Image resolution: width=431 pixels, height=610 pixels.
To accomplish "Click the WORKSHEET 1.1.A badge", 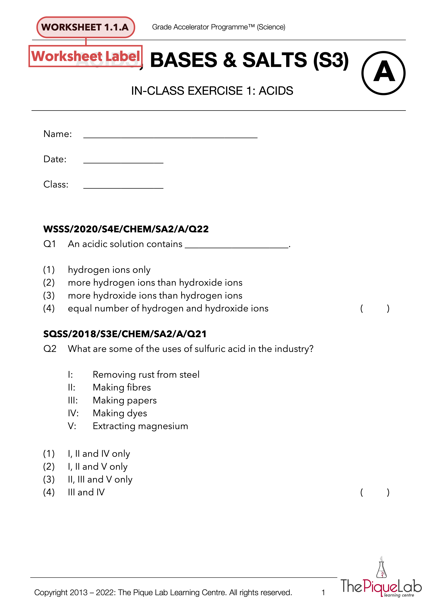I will pos(85,27).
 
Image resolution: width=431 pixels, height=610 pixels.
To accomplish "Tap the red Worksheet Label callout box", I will pos(85,56).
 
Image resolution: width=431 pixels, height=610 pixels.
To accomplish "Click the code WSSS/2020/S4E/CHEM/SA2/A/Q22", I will pos(126,229).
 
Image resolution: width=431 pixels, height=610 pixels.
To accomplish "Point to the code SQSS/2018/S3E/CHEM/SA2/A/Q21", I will pos(125,334).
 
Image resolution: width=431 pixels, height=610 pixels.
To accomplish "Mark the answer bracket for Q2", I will pos(375,492).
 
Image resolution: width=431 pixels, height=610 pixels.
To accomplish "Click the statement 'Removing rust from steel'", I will pos(146,375).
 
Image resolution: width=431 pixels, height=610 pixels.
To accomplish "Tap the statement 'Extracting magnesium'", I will pos(140,426).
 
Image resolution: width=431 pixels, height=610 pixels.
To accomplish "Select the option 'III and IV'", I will pos(86,492).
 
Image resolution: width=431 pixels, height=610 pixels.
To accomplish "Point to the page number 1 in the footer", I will pos(323,592).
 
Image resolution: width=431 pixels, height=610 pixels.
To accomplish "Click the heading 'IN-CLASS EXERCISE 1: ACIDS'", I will pos(212,91).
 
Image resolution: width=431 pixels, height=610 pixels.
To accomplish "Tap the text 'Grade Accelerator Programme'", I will pos(203,27).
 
